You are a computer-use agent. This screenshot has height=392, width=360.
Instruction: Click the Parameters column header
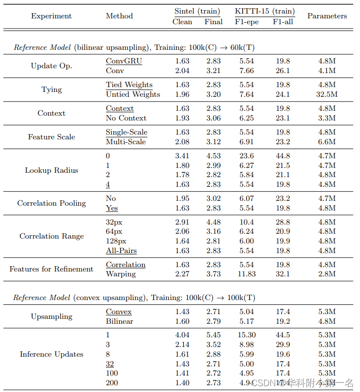327,16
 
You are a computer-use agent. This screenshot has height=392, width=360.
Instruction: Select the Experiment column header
51,16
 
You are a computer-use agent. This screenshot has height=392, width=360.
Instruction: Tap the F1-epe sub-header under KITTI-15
247,22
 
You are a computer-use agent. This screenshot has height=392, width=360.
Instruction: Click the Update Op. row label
51,66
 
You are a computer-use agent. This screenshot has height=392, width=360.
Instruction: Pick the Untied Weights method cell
133,94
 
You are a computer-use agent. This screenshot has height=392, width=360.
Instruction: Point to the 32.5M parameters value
327,94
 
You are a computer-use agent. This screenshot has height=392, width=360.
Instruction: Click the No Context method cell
126,118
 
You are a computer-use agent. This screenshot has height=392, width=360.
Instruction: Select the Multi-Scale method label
126,142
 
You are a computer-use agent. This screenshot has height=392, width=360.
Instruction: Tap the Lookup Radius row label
51,170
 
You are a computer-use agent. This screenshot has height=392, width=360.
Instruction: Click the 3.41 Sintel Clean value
182,156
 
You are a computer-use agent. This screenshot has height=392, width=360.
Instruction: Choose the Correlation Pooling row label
51,203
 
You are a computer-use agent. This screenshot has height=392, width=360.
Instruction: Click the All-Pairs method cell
121,251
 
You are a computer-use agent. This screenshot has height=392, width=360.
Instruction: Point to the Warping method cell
121,274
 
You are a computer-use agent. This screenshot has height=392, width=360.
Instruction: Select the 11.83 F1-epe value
247,274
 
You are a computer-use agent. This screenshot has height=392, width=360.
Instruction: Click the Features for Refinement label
51,269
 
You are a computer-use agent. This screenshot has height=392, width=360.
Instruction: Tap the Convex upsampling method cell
119,312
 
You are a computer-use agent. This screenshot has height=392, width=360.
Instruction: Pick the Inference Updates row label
51,354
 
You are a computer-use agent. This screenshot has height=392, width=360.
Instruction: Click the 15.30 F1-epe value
247,335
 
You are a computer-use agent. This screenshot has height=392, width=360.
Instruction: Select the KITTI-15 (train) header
265,11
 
